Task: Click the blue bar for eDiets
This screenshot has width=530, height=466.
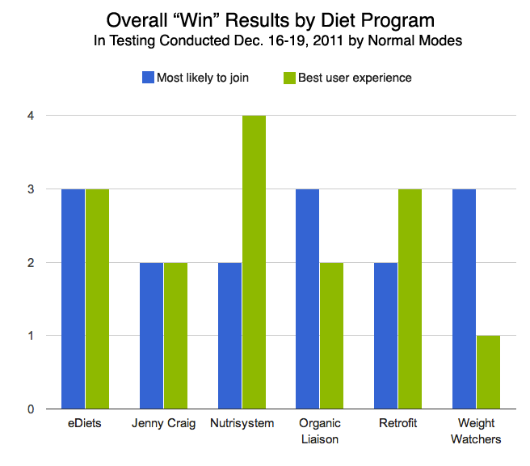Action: click(x=73, y=299)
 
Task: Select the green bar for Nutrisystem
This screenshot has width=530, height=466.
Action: click(x=254, y=262)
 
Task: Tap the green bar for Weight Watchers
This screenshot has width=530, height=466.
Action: click(x=488, y=372)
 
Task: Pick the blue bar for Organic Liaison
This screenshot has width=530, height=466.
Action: click(x=308, y=299)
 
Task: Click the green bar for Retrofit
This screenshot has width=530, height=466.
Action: click(x=410, y=299)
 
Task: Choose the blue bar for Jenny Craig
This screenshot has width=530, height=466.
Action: click(x=151, y=336)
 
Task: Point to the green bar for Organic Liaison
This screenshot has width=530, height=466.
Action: click(x=332, y=336)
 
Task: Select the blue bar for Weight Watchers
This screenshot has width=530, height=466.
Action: click(x=464, y=299)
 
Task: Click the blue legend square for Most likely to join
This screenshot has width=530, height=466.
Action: click(x=148, y=78)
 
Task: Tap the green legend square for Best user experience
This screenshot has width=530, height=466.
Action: click(x=290, y=78)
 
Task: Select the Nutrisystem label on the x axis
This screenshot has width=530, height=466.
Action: click(x=242, y=424)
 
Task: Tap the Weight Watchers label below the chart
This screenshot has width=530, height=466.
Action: click(x=479, y=431)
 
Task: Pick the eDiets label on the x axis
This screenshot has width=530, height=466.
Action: click(x=85, y=424)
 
